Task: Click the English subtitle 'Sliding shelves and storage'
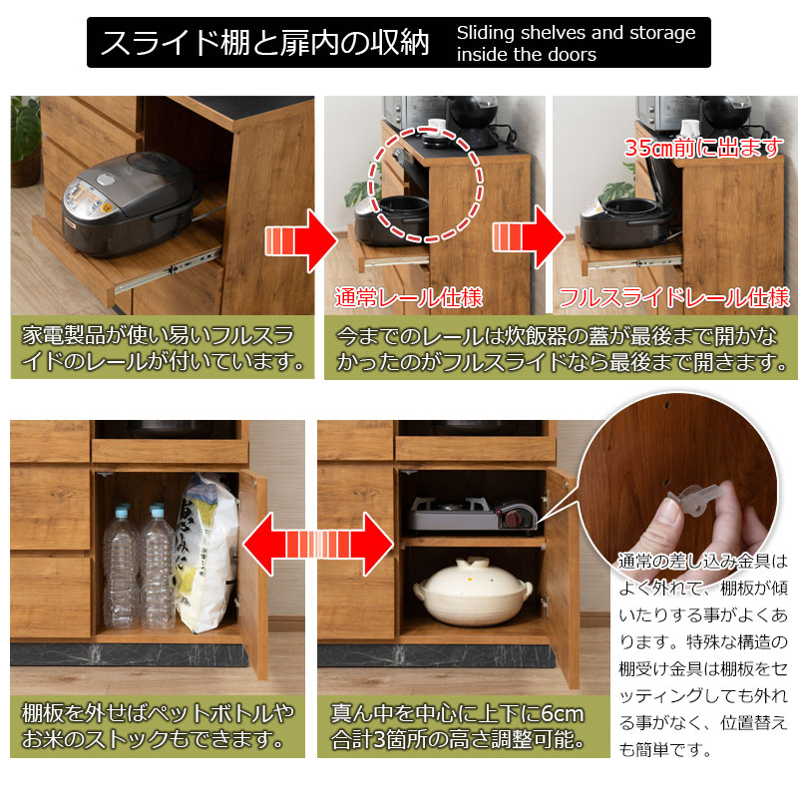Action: coord(576,33)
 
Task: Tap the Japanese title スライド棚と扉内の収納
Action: coord(264,42)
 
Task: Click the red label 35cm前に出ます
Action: coord(704,148)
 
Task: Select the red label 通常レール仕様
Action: coord(408,297)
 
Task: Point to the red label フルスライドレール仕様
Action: coord(674,297)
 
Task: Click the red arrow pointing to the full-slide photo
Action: coord(529,237)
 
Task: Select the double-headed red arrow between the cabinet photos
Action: coord(318,544)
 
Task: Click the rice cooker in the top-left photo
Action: coord(132,203)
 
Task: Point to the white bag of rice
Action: coord(206,553)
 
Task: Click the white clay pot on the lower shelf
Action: coord(472,592)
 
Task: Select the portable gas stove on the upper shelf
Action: coord(473,515)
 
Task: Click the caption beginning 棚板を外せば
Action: coord(158,726)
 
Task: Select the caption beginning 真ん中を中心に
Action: coord(458,726)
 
